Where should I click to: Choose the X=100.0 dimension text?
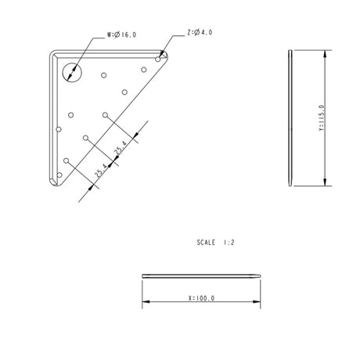201,298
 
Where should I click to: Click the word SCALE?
207,243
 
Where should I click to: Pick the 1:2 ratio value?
229,243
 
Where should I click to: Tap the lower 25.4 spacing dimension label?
102,171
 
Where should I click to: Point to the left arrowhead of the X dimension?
145,303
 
